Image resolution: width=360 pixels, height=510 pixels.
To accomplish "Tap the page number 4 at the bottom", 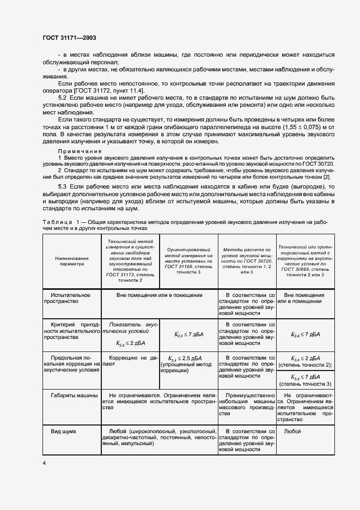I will click(x=44, y=463).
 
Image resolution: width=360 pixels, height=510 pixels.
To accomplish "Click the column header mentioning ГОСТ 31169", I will click(x=188, y=259).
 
